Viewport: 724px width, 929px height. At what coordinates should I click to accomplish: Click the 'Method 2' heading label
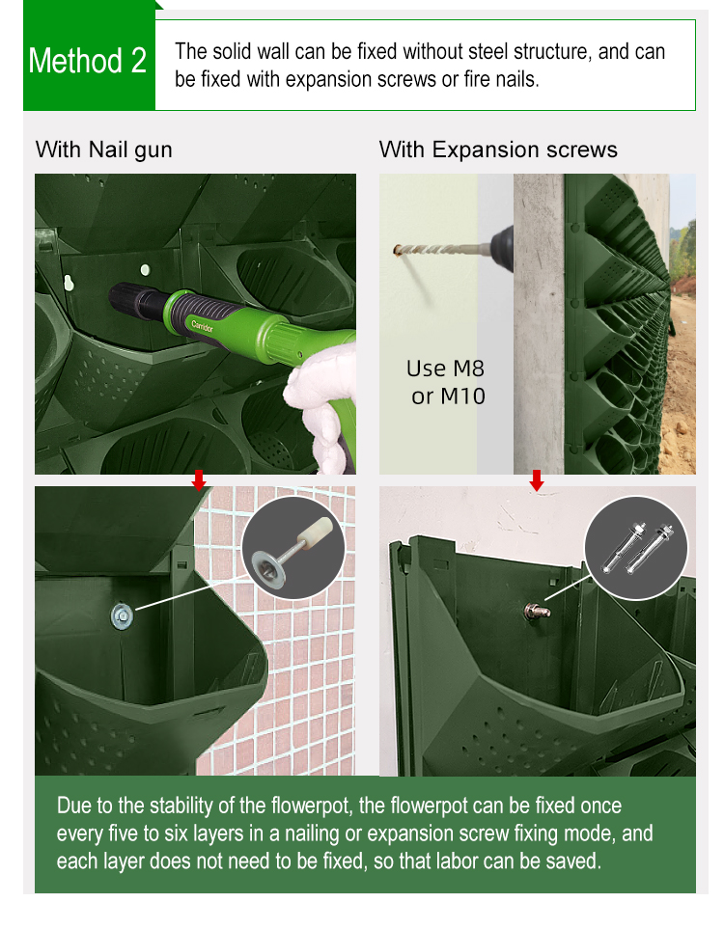(87, 61)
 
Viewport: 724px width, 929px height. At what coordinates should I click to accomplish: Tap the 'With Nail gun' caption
(103, 150)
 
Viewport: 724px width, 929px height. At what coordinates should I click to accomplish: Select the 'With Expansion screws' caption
(498, 150)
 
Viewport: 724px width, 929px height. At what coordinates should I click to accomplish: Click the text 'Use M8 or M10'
(446, 382)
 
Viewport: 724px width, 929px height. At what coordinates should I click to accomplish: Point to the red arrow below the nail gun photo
(199, 479)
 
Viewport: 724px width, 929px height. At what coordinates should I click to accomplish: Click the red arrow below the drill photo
(537, 480)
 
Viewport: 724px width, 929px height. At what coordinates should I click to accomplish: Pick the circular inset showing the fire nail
(293, 548)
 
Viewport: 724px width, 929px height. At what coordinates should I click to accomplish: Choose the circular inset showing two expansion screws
(636, 548)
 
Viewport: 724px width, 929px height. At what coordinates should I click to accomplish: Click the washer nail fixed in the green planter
(123, 616)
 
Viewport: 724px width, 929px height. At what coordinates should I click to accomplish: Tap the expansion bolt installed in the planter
(537, 611)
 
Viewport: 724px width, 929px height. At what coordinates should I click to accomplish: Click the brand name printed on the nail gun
(202, 325)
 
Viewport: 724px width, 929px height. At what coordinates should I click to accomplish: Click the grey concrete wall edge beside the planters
(539, 323)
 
